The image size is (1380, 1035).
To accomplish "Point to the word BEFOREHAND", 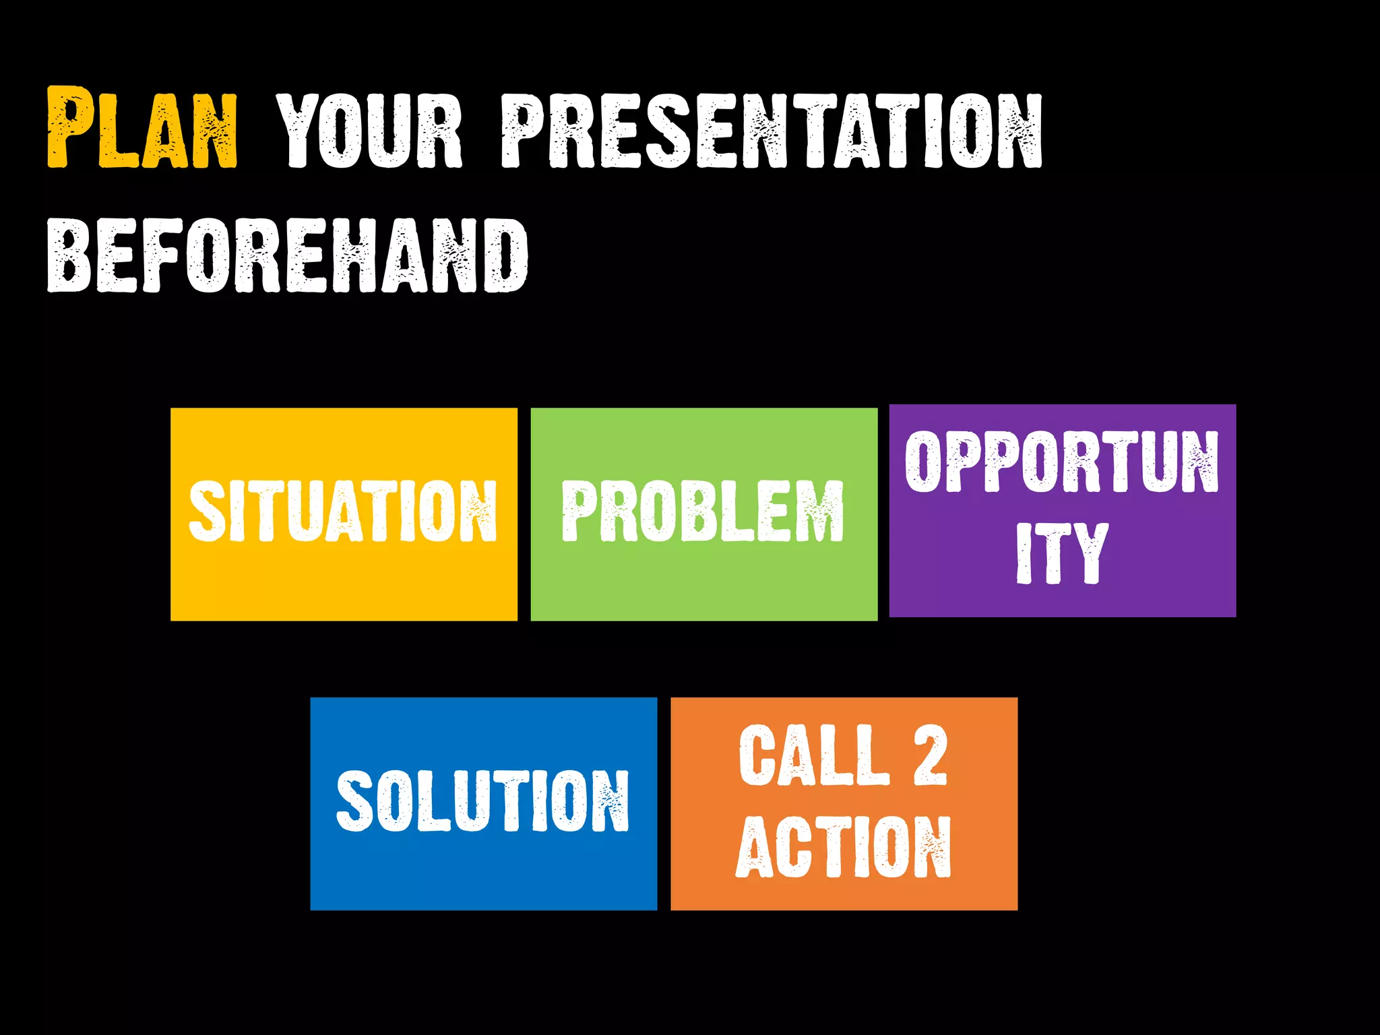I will click(x=288, y=256).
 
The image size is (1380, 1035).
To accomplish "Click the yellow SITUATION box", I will click(x=344, y=579).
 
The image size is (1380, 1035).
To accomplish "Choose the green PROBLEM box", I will click(x=704, y=579).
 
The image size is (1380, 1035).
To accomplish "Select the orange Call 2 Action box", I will click(x=844, y=896).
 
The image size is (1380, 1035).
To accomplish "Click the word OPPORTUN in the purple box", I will click(x=1062, y=462).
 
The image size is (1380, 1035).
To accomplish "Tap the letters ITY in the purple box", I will click(x=1062, y=553).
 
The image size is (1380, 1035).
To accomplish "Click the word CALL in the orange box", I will click(x=814, y=755).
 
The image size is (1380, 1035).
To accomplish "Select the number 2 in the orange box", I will click(x=931, y=755).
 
